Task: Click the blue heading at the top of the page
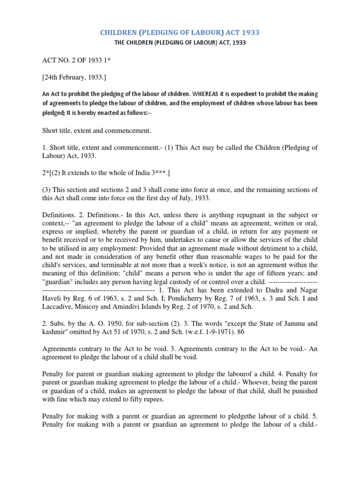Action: (x=180, y=32)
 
